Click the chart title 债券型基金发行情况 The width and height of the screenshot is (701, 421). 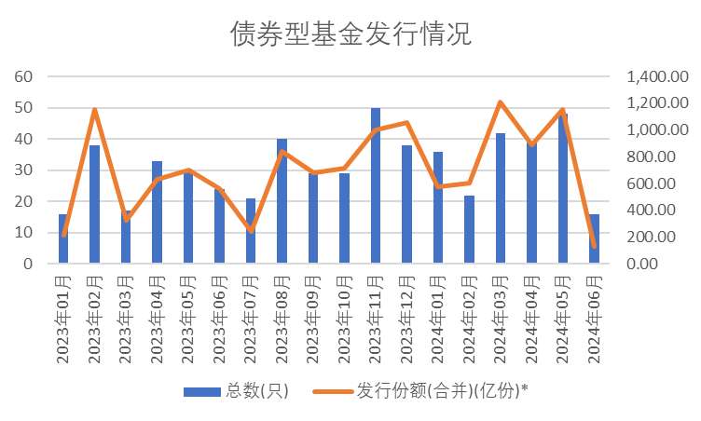(350, 34)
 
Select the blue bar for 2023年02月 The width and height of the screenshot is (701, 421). (94, 205)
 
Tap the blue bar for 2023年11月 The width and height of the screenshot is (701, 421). (376, 186)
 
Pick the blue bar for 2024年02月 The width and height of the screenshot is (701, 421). (469, 230)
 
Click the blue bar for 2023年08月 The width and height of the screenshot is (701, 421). (282, 201)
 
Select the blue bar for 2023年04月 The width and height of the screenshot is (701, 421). (157, 212)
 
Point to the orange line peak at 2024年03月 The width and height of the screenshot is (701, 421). (501, 102)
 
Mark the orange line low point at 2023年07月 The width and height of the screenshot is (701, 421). (251, 230)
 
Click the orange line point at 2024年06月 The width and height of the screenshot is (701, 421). (594, 246)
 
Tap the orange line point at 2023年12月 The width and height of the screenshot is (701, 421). (406, 122)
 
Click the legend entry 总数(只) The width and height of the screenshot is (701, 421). (237, 391)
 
